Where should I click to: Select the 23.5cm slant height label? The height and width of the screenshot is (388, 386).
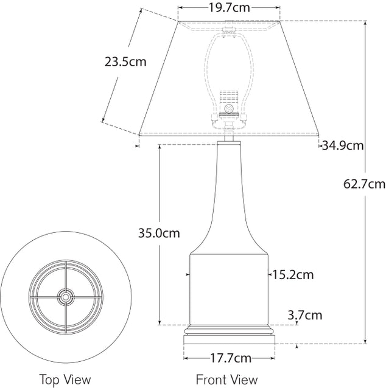pyautogui.click(x=125, y=61)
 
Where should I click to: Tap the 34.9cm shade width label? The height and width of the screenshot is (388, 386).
pyautogui.click(x=343, y=145)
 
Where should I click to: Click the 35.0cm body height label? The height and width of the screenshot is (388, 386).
pyautogui.click(x=159, y=233)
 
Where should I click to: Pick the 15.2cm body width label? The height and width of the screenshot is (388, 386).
pyautogui.click(x=293, y=275)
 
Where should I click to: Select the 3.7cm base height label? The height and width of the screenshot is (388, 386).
pyautogui.click(x=304, y=315)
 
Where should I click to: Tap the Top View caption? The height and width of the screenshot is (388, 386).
pyautogui.click(x=65, y=379)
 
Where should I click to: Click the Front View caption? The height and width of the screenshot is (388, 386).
pyautogui.click(x=226, y=379)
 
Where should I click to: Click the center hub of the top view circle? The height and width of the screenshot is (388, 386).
pyautogui.click(x=65, y=297)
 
